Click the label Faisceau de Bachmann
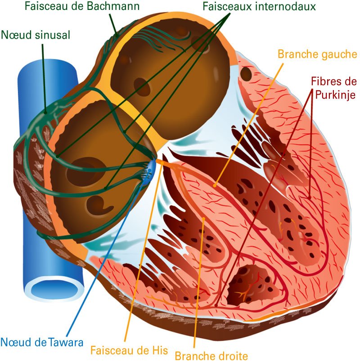click(82, 6)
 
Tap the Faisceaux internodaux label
click(259, 6)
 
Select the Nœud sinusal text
click(36, 35)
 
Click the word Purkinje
click(335, 95)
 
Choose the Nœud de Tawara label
click(42, 342)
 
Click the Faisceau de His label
click(129, 350)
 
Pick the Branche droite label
click(211, 356)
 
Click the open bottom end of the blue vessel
click(54, 290)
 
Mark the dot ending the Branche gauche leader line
click(215, 186)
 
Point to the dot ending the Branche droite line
click(203, 218)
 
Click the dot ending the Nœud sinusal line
click(45, 113)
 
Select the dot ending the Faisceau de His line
click(162, 163)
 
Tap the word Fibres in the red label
click(327, 81)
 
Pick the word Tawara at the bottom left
click(66, 342)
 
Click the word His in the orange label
click(160, 350)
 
